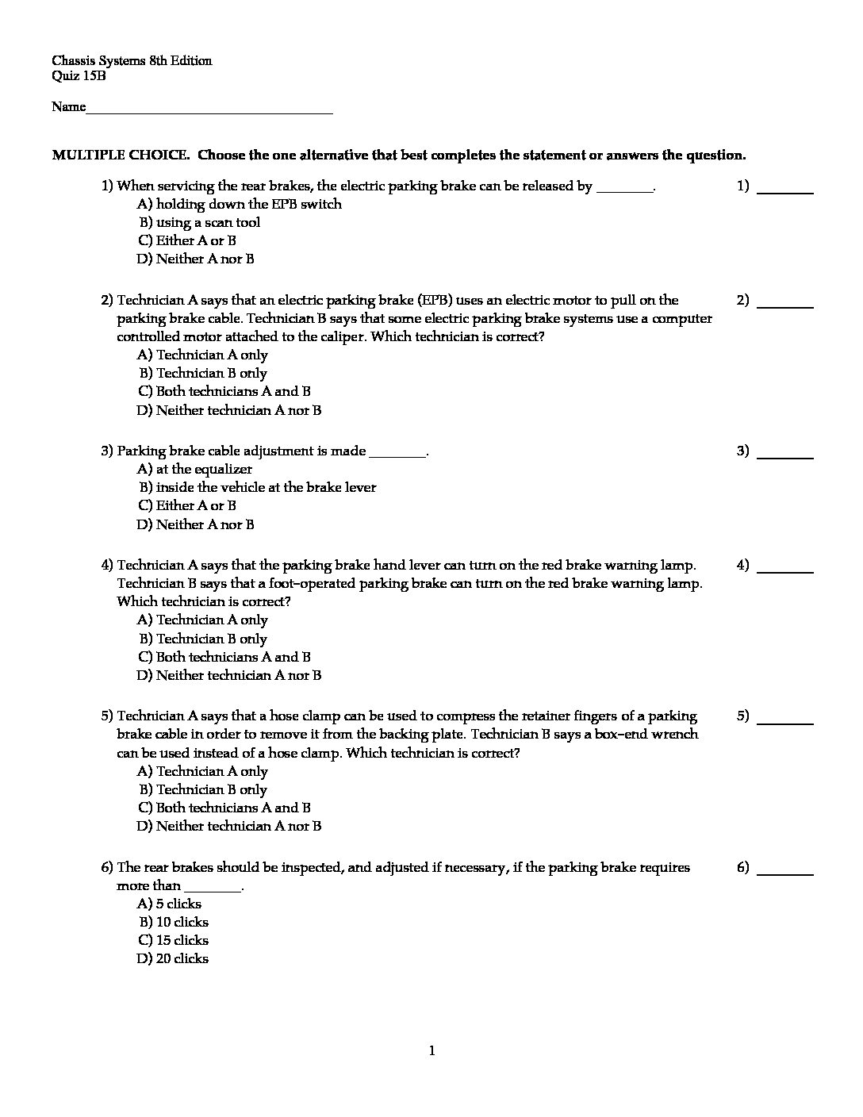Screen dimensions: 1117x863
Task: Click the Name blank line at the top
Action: point(209,113)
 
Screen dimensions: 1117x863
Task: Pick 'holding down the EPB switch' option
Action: point(240,204)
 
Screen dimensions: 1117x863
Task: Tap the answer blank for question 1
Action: point(785,192)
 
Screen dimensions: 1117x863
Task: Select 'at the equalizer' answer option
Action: point(194,469)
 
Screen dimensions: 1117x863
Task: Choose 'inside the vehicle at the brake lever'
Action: point(257,487)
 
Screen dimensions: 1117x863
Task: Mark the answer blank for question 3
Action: point(785,457)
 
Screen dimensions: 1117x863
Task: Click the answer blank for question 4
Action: point(785,571)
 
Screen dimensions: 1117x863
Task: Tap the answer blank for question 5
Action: point(785,722)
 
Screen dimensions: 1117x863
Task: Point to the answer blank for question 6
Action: point(785,873)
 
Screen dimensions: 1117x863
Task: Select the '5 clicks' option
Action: point(170,904)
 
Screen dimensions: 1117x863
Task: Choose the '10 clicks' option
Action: point(174,922)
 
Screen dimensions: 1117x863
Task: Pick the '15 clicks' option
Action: point(174,940)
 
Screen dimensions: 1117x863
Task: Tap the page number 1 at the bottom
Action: point(431,1051)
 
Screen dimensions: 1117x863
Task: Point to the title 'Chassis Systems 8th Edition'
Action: point(132,60)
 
